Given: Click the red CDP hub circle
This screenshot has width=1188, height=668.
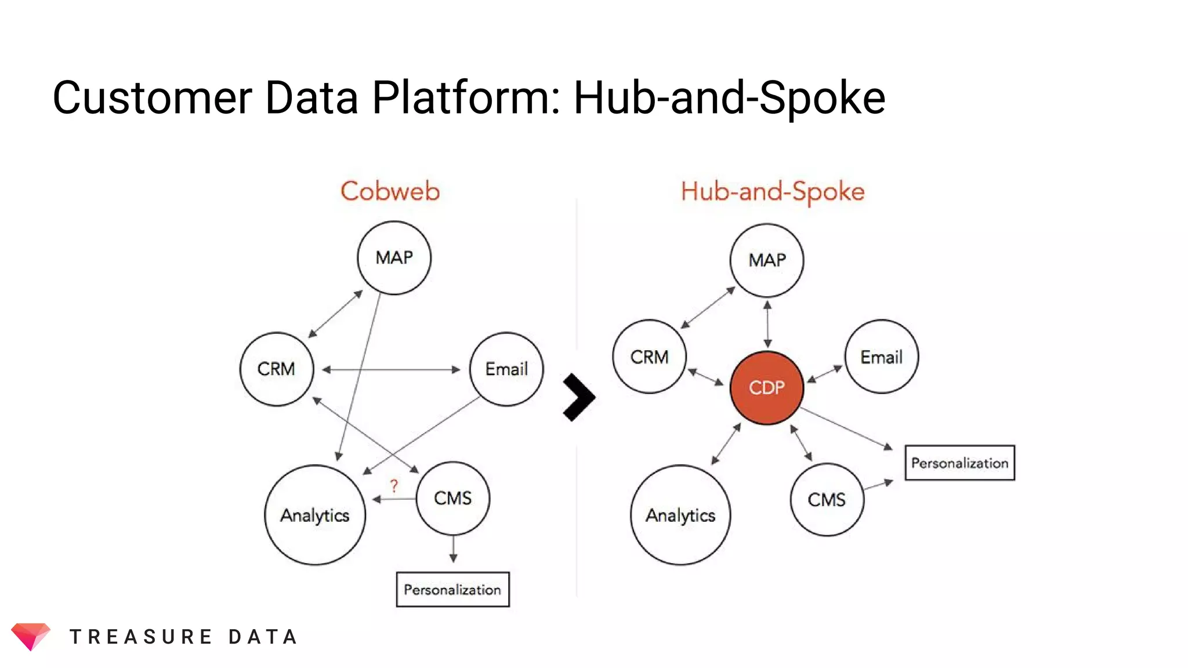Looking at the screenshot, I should pyautogui.click(x=766, y=387).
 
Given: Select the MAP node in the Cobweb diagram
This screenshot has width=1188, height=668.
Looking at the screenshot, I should pyautogui.click(x=394, y=257).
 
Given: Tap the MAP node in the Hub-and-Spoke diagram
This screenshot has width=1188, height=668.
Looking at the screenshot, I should pyautogui.click(x=767, y=260).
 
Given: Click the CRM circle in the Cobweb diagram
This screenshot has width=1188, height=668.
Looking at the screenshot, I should pyautogui.click(x=276, y=369).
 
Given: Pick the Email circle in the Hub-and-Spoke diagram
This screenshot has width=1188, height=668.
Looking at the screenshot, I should pyautogui.click(x=881, y=357).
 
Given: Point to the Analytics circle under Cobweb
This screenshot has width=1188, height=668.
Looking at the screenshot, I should pyautogui.click(x=315, y=515).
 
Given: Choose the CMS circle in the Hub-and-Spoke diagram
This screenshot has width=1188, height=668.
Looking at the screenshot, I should pyautogui.click(x=827, y=499).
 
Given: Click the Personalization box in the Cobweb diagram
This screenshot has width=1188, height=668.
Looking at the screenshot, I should pyautogui.click(x=452, y=590).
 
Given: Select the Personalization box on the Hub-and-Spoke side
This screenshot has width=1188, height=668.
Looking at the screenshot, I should pyautogui.click(x=959, y=463).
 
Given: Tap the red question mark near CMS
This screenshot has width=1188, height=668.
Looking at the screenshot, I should pyautogui.click(x=394, y=485).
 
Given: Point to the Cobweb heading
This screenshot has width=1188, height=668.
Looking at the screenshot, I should pyautogui.click(x=390, y=191).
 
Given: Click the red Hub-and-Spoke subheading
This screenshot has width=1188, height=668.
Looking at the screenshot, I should pyautogui.click(x=772, y=192).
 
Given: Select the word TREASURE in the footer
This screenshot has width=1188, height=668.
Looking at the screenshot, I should pyautogui.click(x=141, y=637).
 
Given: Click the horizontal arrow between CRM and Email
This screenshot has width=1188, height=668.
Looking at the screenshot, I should pyautogui.click(x=391, y=369).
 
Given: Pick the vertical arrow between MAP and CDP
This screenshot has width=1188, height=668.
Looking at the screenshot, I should pyautogui.click(x=767, y=324).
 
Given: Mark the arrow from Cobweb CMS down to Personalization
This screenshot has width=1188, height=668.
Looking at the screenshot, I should pyautogui.click(x=453, y=549).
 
